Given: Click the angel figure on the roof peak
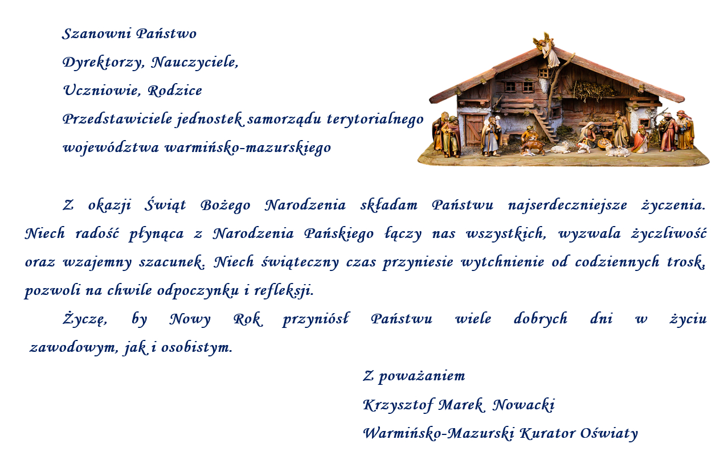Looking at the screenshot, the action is point(547,49).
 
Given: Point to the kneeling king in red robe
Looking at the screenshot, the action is point(641,139).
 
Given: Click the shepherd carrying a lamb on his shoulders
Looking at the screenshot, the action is point(490,137).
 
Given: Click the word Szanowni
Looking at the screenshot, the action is point(96,34).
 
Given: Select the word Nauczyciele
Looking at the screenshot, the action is point(195,63).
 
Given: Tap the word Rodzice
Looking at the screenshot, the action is point(175,91).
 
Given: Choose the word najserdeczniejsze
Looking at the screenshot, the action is point(567,206).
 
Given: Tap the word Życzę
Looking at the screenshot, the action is point(85,319).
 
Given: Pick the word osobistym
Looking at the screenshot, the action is point(197,348).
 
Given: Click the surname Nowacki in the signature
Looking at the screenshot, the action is point(523,405).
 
